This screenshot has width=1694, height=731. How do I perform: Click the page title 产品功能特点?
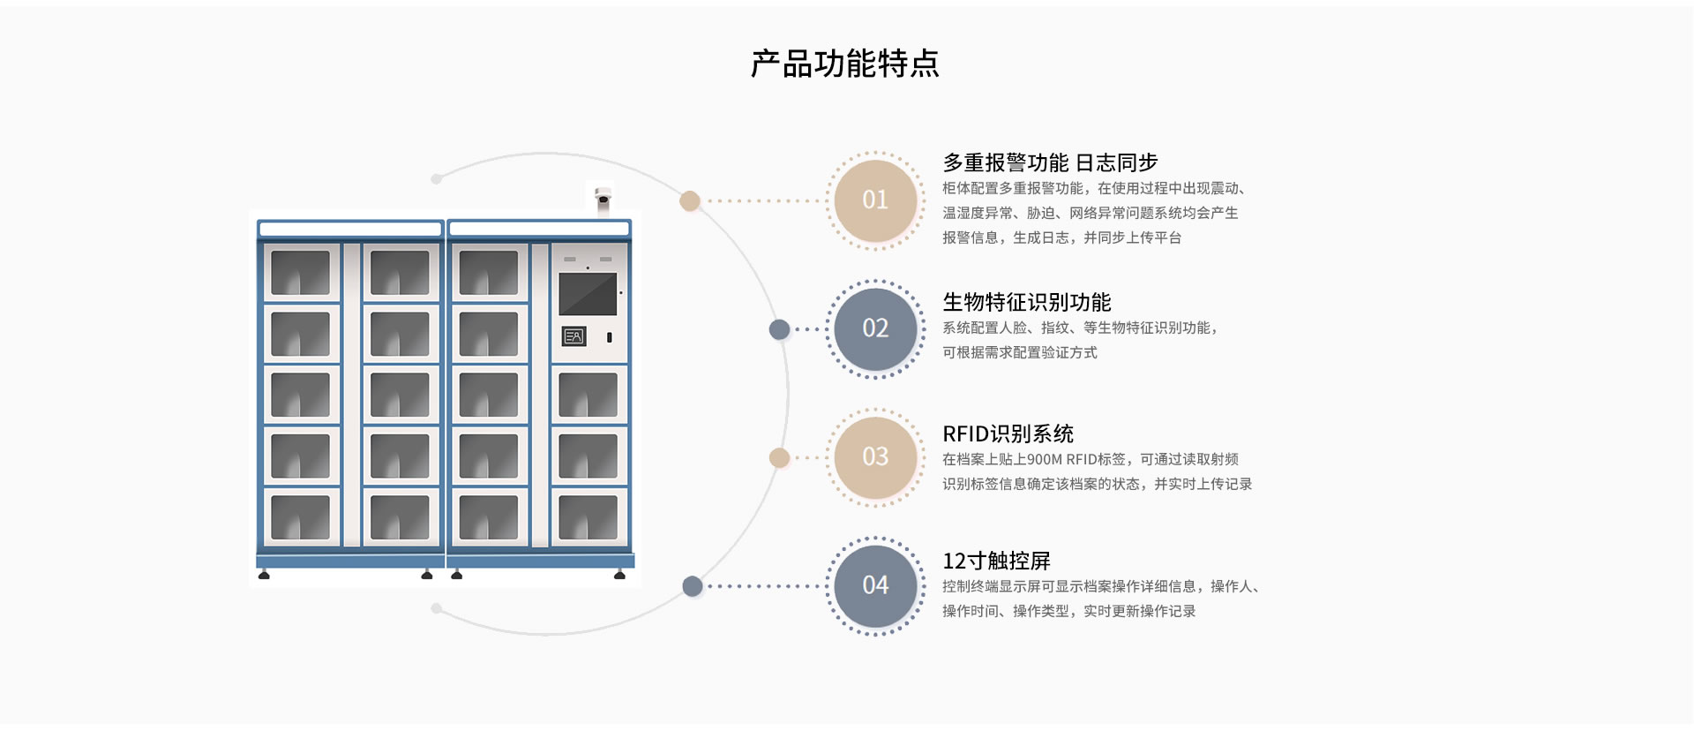coord(845,64)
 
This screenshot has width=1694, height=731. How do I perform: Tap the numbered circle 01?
coord(875,200)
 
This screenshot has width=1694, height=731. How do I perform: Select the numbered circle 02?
coord(875,328)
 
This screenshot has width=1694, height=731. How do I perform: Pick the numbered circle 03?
coord(875,457)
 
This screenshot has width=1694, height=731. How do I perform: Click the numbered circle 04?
coord(875,585)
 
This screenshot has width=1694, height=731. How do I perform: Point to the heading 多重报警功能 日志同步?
coord(1050,162)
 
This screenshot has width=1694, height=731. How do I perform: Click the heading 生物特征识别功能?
coord(1027,302)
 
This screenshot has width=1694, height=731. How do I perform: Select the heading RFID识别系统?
coord(1008,433)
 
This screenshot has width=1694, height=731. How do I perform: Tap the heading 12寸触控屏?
coord(996,561)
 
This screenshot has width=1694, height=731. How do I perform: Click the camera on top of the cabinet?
coord(603,200)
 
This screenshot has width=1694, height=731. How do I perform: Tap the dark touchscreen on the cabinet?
coord(588,294)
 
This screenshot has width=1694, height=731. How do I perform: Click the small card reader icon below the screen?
coord(573,336)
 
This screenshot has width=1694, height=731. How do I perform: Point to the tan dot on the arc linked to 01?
coord(690,201)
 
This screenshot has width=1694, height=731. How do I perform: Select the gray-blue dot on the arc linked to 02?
coord(779,329)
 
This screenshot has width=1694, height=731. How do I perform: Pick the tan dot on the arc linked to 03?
coord(779,457)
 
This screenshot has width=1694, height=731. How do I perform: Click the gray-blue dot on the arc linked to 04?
coord(693,586)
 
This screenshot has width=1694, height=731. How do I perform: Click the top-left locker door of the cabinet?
coord(301,272)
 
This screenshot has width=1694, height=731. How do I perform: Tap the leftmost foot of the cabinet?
coord(264,575)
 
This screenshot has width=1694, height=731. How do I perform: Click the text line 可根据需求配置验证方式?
coord(1020,352)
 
